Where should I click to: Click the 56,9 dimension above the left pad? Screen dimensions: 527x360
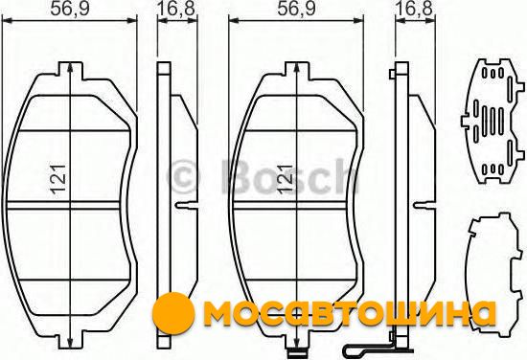(70, 9)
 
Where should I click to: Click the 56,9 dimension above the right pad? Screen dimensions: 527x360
(296, 9)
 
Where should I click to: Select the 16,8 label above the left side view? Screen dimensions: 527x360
(176, 9)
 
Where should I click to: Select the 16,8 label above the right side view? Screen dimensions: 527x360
(414, 9)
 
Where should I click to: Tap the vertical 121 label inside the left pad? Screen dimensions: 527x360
(58, 179)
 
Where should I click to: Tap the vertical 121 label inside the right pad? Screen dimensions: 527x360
(286, 179)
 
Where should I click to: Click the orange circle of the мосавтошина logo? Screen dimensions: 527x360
(173, 313)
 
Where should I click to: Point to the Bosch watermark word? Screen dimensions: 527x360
(290, 177)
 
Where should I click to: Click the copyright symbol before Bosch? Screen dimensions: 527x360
(185, 177)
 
